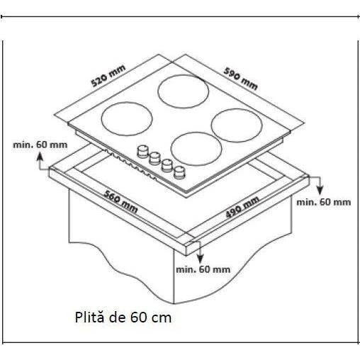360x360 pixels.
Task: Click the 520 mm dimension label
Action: (x=108, y=76)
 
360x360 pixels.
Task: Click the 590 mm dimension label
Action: (x=240, y=79)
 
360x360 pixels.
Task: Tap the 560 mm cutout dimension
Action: (x=120, y=202)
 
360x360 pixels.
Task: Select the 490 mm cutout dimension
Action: (x=242, y=207)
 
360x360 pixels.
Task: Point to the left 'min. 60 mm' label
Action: (x=40, y=145)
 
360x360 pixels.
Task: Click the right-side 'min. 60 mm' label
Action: (x=324, y=202)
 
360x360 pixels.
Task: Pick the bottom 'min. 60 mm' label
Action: (x=203, y=269)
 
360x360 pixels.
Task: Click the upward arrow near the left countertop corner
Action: (x=40, y=161)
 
